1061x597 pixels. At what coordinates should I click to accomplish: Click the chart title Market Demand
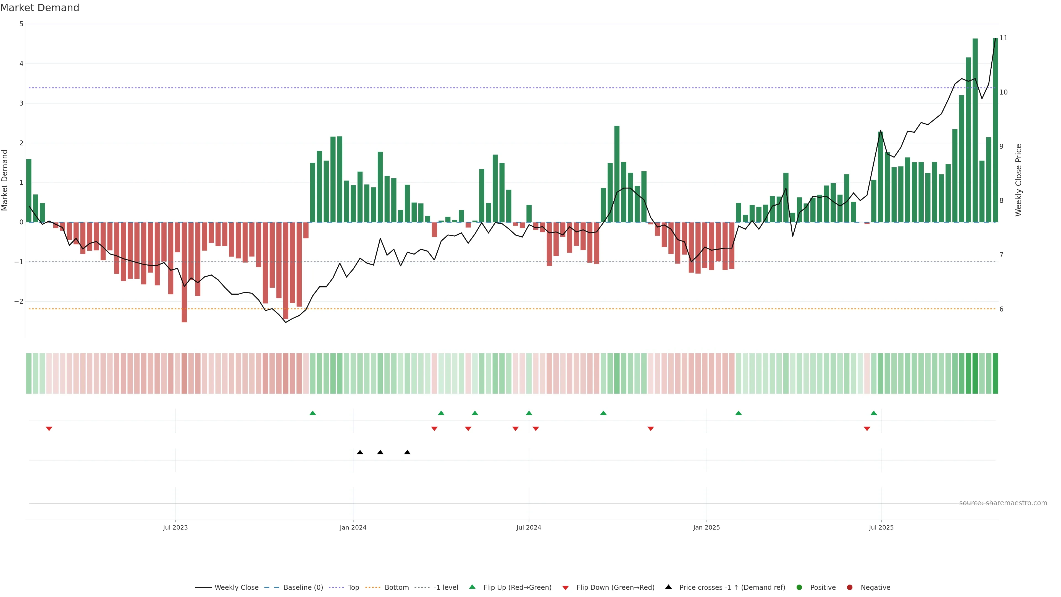coord(40,8)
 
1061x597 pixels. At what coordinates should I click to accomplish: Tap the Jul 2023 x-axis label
coord(175,527)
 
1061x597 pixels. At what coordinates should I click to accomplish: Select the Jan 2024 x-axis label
coord(353,527)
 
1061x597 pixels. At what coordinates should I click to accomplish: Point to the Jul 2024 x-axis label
coord(529,527)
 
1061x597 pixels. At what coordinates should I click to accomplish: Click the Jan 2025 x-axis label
coord(707,527)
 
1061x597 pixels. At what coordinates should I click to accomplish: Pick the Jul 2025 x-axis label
coord(881,527)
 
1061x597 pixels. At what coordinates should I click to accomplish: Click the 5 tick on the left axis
coord(21,24)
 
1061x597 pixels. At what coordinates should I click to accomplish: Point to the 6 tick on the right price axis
coord(1001,309)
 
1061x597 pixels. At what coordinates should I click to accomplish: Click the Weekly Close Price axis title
coord(1018,180)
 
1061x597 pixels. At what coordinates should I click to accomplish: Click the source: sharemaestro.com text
coord(1003,503)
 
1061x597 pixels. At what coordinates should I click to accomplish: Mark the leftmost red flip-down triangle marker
coord(49,429)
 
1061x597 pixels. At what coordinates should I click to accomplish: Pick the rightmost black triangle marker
coord(407,452)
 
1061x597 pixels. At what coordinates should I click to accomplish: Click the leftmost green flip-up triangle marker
coord(312,413)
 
